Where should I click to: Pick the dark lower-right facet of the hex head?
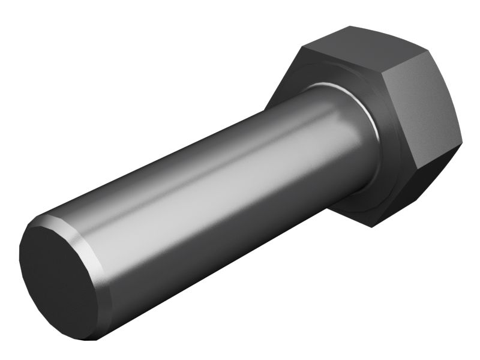click(414, 186)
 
